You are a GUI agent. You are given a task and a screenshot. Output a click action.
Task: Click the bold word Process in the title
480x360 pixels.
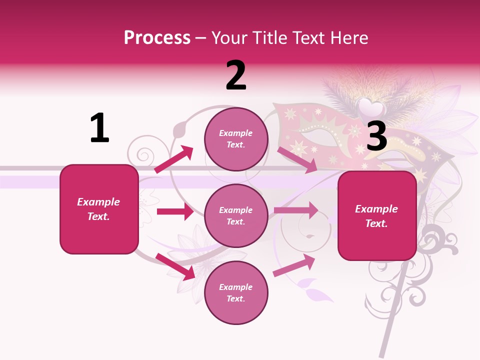point(157,37)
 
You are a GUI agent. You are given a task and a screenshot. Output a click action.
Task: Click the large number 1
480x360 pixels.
point(99,128)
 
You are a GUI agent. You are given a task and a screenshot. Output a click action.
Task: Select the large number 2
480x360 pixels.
point(236,75)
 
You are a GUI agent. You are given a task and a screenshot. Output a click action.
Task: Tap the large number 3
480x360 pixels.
point(376,136)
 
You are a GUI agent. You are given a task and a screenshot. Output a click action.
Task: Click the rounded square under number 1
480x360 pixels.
point(99,209)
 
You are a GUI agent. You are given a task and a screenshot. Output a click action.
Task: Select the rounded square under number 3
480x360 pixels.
point(377,215)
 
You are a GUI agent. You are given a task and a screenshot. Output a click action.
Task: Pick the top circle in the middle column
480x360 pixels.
point(236,139)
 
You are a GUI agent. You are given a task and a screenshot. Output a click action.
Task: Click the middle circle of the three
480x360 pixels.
point(236,215)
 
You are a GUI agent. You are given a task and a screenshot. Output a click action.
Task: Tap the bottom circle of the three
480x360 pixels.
point(236,292)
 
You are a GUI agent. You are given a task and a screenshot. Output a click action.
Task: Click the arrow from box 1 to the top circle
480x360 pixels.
point(174,159)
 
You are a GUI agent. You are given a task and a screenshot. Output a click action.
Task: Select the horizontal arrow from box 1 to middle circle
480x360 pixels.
point(175,211)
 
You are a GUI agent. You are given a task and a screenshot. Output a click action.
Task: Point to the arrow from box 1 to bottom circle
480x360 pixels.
point(175,266)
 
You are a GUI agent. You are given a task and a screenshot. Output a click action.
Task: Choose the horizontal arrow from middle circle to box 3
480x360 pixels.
point(296,210)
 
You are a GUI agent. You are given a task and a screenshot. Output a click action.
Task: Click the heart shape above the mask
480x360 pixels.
point(371,107)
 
